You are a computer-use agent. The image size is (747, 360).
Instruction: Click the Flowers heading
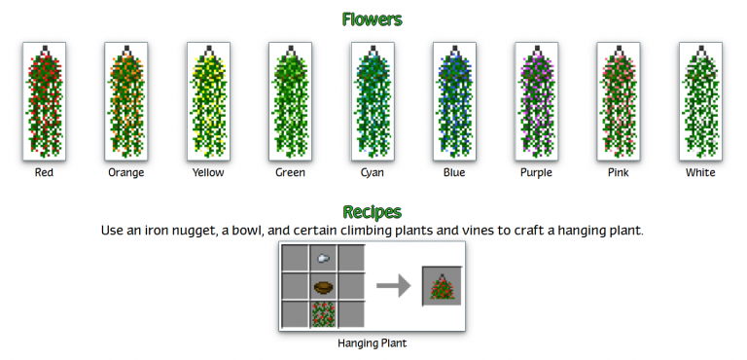373,19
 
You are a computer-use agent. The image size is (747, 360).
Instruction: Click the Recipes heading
373,211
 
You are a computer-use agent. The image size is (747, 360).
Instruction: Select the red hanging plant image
44,101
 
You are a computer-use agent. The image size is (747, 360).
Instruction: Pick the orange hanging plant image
125,101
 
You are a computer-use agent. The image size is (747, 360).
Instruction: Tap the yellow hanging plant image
207,101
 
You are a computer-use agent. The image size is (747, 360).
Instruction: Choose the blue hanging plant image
453,101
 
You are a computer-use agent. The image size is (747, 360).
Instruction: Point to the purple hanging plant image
535,101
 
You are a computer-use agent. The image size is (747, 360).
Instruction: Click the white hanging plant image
699,101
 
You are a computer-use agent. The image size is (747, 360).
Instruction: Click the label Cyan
372,173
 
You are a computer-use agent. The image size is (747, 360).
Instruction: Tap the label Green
290,173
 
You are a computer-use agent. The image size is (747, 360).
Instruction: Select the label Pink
618,173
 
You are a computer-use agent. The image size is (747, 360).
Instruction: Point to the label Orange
126,173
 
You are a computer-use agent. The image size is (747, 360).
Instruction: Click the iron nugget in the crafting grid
323,258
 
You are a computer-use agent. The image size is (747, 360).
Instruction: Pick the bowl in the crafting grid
323,286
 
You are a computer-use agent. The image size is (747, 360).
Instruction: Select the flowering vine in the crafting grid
323,313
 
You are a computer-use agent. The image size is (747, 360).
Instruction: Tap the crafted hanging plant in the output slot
442,286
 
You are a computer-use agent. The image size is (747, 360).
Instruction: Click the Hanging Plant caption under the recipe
372,343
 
